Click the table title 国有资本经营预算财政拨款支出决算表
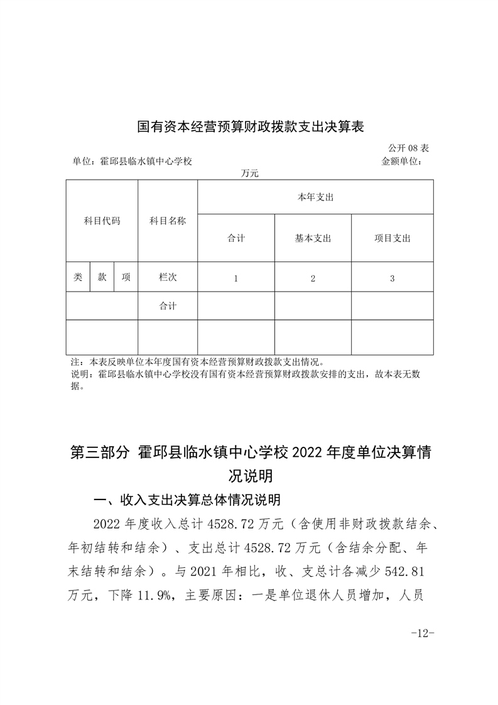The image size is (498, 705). click(251, 128)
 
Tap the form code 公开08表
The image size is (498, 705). click(408, 148)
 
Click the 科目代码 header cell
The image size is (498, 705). click(102, 221)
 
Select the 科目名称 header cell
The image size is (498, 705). click(167, 221)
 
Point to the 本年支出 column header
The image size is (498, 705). click(315, 197)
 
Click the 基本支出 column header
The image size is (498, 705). click(313, 239)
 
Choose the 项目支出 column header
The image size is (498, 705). click(392, 239)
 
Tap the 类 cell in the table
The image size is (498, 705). click(78, 277)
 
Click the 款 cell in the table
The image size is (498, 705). click(102, 277)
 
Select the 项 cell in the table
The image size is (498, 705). click(126, 277)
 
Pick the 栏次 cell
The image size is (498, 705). click(168, 277)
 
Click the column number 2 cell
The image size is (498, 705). click(313, 278)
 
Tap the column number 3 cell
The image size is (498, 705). click(392, 278)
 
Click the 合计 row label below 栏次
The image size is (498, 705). click(168, 306)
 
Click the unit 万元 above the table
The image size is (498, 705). click(249, 172)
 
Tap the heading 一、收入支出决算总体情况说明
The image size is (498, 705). click(186, 501)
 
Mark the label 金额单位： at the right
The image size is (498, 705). click(402, 161)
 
